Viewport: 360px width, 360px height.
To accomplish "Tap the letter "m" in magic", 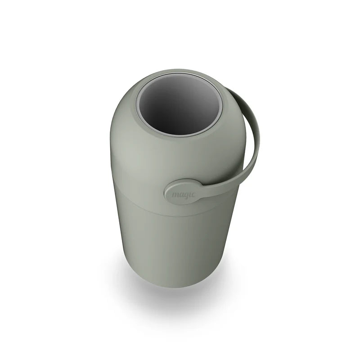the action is pos(175,195).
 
